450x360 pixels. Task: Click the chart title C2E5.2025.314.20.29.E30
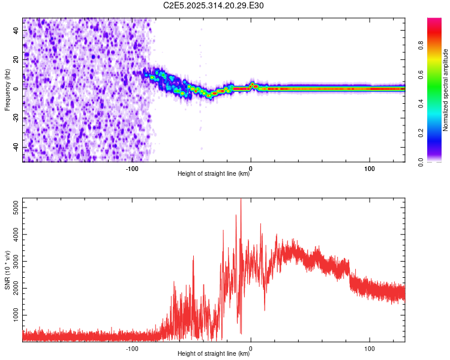click(x=214, y=5)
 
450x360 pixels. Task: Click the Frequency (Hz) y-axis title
click(x=7, y=89)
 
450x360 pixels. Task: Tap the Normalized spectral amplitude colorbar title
click(x=445, y=90)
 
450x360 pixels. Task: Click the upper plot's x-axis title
click(x=214, y=174)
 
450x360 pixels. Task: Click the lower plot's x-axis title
click(x=214, y=354)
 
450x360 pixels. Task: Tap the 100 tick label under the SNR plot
click(x=370, y=348)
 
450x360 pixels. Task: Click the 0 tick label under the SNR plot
click(x=251, y=348)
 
